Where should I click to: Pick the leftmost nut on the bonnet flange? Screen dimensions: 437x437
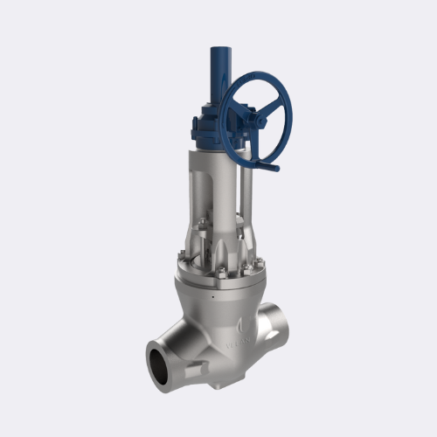180,259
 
